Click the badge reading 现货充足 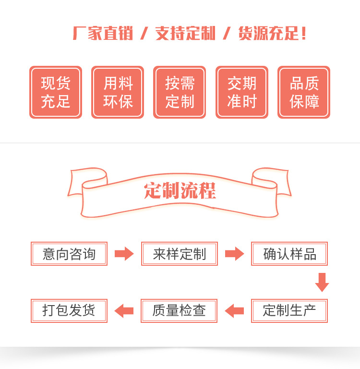pyautogui.click(x=56, y=92)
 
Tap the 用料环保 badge pyautogui.click(x=118, y=92)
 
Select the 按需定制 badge pyautogui.click(x=180, y=92)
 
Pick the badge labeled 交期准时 pyautogui.click(x=242, y=92)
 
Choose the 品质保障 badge pyautogui.click(x=304, y=92)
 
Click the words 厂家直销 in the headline pyautogui.click(x=102, y=34)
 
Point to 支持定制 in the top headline pyautogui.click(x=185, y=34)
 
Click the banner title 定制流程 pyautogui.click(x=180, y=191)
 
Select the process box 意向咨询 pyautogui.click(x=69, y=254)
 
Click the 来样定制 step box pyautogui.click(x=180, y=254)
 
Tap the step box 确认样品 pyautogui.click(x=289, y=254)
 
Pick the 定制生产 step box pyautogui.click(x=289, y=310)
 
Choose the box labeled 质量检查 pyautogui.click(x=179, y=310)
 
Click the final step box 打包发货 pyautogui.click(x=69, y=310)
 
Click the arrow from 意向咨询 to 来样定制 pyautogui.click(x=124, y=254)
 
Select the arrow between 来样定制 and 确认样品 pyautogui.click(x=234, y=254)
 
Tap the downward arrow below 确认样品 pyautogui.click(x=322, y=282)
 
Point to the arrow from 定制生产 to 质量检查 pyautogui.click(x=234, y=311)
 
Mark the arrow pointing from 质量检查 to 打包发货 pyautogui.click(x=124, y=311)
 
